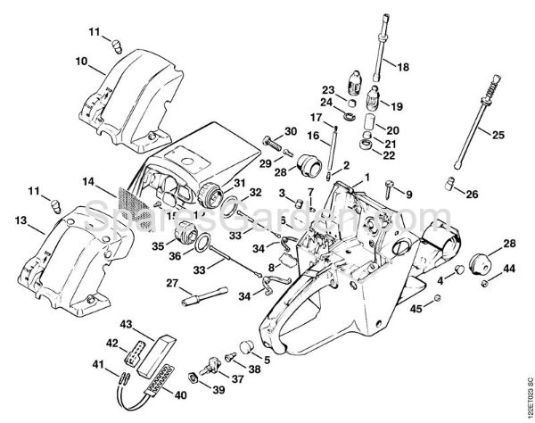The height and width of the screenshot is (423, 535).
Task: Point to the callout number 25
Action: click(498, 134)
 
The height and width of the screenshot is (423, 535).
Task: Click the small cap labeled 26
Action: click(450, 183)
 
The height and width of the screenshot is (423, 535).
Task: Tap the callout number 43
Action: click(127, 324)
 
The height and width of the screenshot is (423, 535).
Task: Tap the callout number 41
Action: click(100, 364)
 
